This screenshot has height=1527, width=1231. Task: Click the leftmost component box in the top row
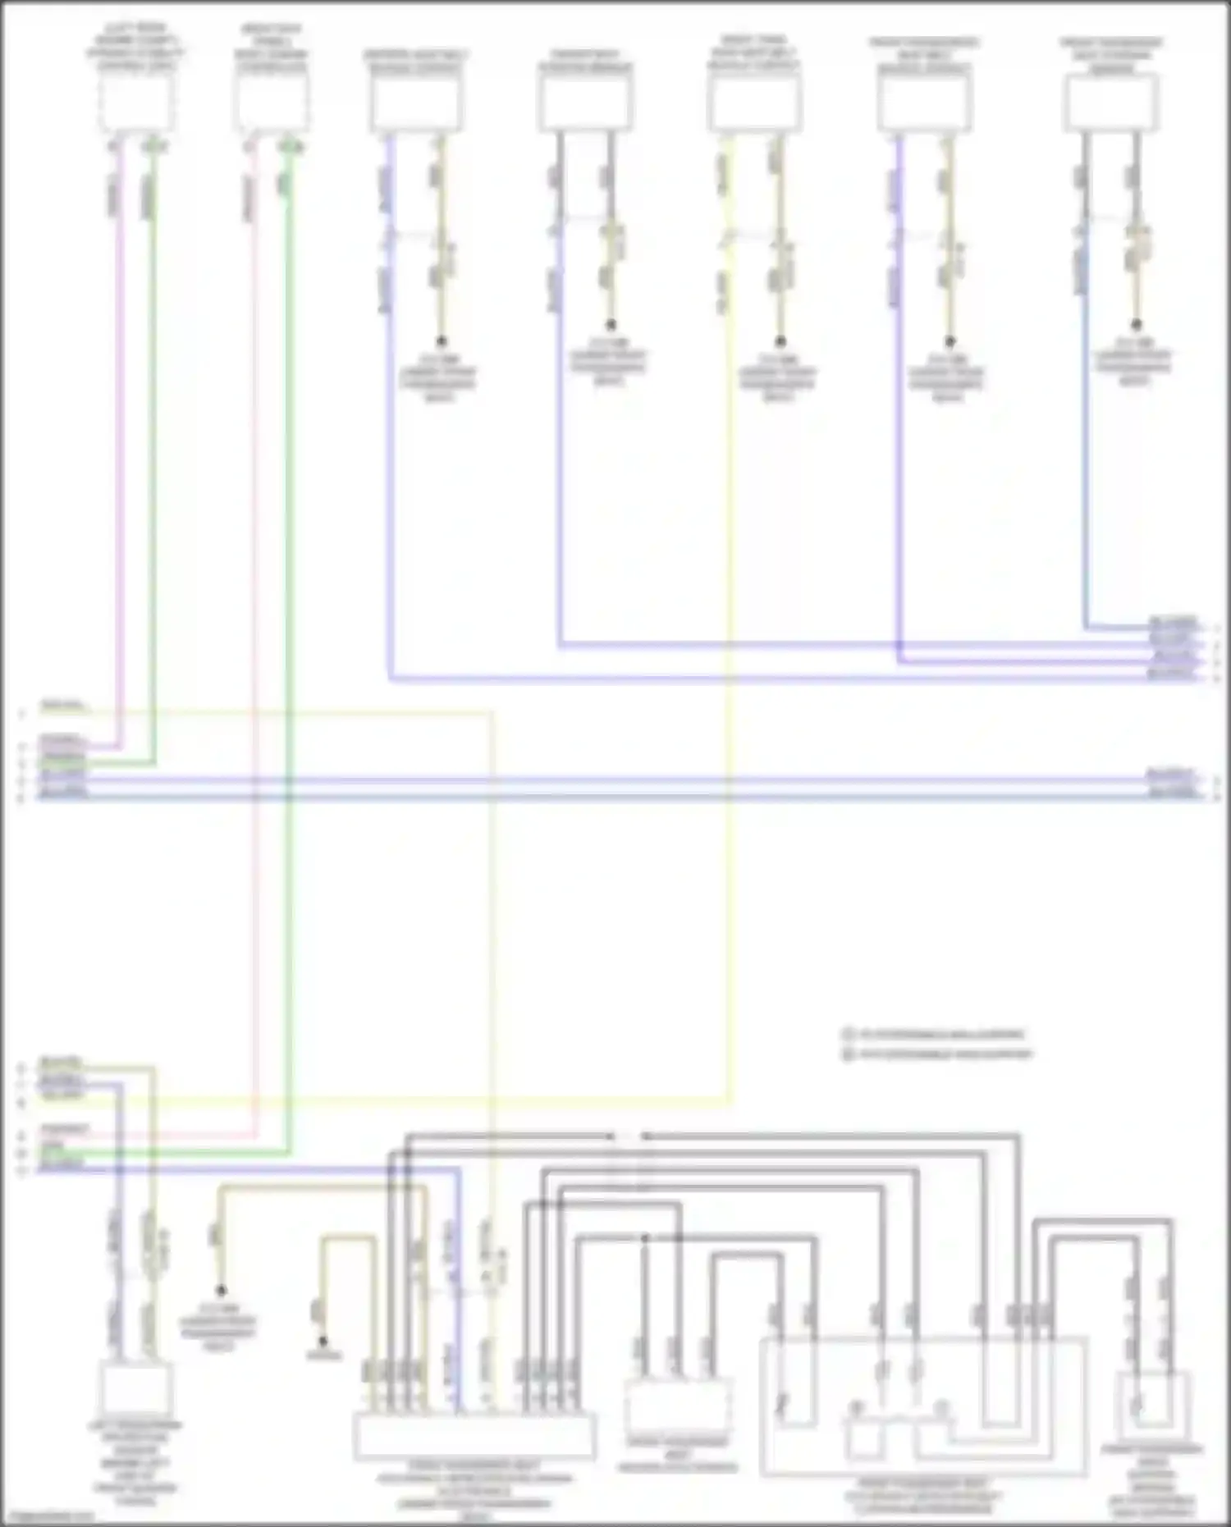click(136, 102)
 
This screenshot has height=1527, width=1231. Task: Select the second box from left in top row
click(272, 102)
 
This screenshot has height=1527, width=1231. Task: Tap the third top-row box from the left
click(416, 103)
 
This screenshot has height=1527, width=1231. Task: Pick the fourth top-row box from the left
click(585, 103)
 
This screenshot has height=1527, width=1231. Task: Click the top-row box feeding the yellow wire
click(754, 103)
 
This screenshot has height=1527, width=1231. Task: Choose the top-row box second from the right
click(924, 103)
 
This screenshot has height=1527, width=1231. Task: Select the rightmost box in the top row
click(1112, 102)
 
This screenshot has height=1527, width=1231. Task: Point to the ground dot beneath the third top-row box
click(441, 341)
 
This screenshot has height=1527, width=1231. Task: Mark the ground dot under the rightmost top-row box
click(1136, 325)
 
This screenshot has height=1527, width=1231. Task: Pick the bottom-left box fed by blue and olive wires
click(136, 1388)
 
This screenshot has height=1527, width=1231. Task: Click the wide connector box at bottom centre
click(474, 1436)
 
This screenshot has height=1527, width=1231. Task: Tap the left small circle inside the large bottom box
click(856, 1407)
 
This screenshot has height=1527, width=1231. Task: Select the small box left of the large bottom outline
click(678, 1406)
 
